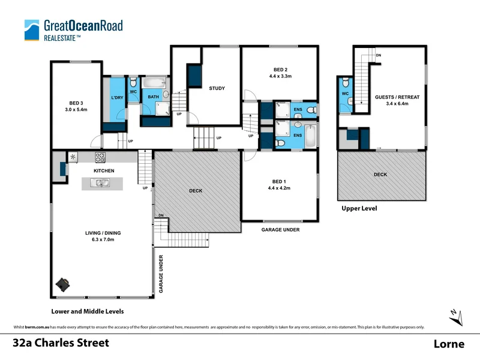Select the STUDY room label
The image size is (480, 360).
click(217, 89)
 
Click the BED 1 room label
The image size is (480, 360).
click(279, 181)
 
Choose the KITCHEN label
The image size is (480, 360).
click(104, 171)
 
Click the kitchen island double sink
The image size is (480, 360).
click(103, 183)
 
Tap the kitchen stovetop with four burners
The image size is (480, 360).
click(100, 158)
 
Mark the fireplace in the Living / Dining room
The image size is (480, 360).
click(63, 284)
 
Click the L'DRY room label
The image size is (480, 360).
click(117, 98)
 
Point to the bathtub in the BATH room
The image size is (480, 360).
click(154, 83)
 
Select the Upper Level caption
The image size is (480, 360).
click(358, 209)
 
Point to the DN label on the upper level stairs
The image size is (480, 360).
click(378, 55)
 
